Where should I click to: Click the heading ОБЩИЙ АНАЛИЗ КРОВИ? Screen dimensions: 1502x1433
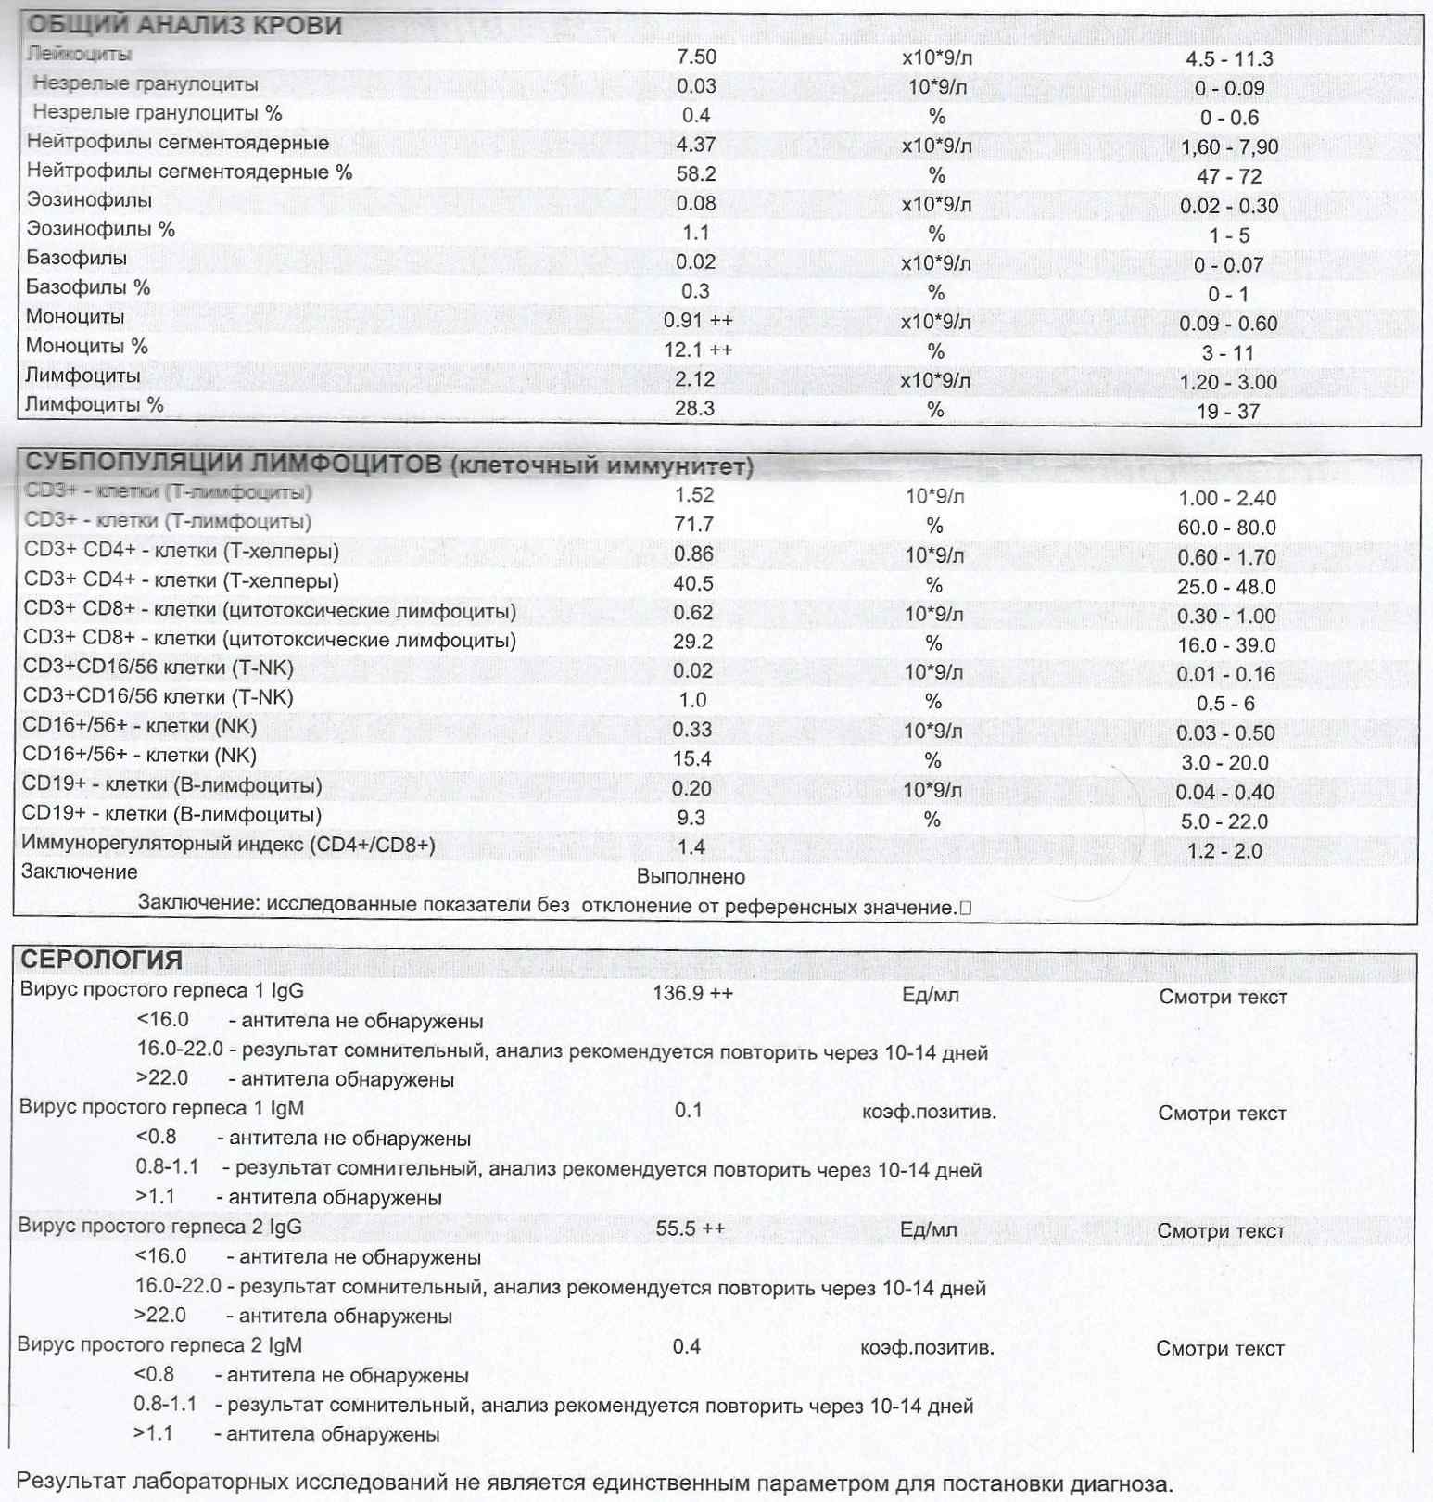tap(185, 26)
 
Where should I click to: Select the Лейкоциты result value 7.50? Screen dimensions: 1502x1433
tap(696, 57)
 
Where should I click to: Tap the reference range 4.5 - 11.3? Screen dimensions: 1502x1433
tap(1229, 59)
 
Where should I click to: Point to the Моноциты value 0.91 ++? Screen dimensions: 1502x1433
tap(697, 321)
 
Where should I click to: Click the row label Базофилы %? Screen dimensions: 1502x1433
tap(88, 287)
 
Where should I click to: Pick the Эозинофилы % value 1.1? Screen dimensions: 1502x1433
tap(695, 233)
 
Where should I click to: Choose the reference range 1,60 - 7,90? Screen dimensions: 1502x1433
tap(1229, 146)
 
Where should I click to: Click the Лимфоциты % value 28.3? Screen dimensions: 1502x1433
tap(694, 409)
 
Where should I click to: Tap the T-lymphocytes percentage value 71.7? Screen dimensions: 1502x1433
tap(693, 525)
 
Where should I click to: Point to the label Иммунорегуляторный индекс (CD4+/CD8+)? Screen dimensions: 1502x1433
tap(228, 845)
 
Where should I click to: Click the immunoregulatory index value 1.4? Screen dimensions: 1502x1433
tap(691, 846)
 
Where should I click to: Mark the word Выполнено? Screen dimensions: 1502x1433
tap(691, 876)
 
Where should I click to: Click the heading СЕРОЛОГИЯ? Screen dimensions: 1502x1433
tap(102, 961)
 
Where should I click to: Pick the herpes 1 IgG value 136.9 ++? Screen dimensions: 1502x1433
tap(692, 994)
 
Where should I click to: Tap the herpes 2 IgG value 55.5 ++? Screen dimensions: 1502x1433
tap(690, 1229)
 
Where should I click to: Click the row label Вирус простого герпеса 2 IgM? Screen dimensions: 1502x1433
tap(159, 1345)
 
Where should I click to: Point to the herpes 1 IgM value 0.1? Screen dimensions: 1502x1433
tap(688, 1111)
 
